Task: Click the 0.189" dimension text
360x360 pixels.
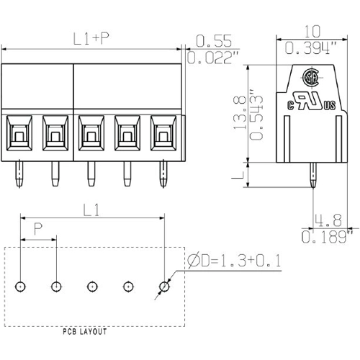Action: tap(328, 236)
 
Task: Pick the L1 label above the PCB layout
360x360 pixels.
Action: tap(91, 210)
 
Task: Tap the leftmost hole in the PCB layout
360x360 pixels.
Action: tap(21, 287)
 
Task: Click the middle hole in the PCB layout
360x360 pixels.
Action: tap(92, 287)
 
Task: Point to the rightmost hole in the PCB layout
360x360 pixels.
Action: tap(164, 287)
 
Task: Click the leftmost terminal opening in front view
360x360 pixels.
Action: tap(19, 134)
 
